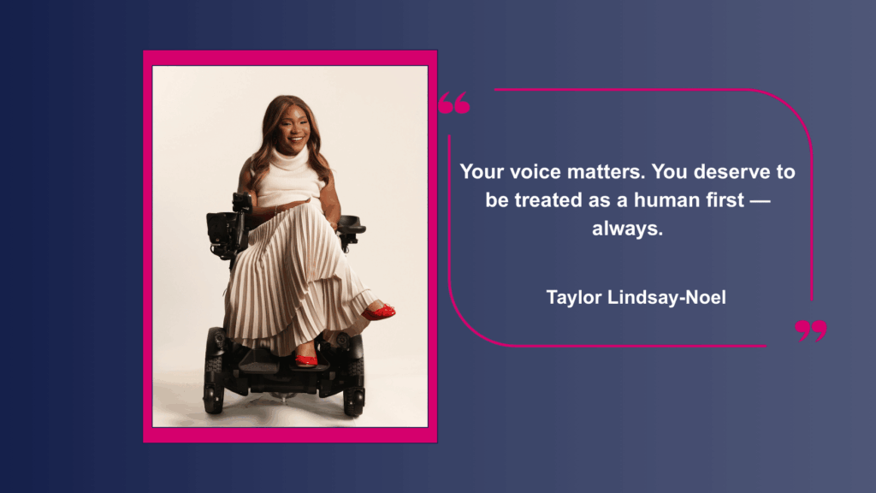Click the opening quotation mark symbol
click(454, 103)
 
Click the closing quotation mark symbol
click(811, 331)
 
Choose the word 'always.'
click(627, 229)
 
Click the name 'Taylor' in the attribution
click(573, 298)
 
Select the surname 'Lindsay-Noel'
click(666, 297)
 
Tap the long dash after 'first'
click(760, 201)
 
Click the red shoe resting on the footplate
click(305, 360)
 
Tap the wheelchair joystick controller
click(242, 202)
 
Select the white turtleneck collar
click(289, 158)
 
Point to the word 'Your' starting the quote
click(482, 171)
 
